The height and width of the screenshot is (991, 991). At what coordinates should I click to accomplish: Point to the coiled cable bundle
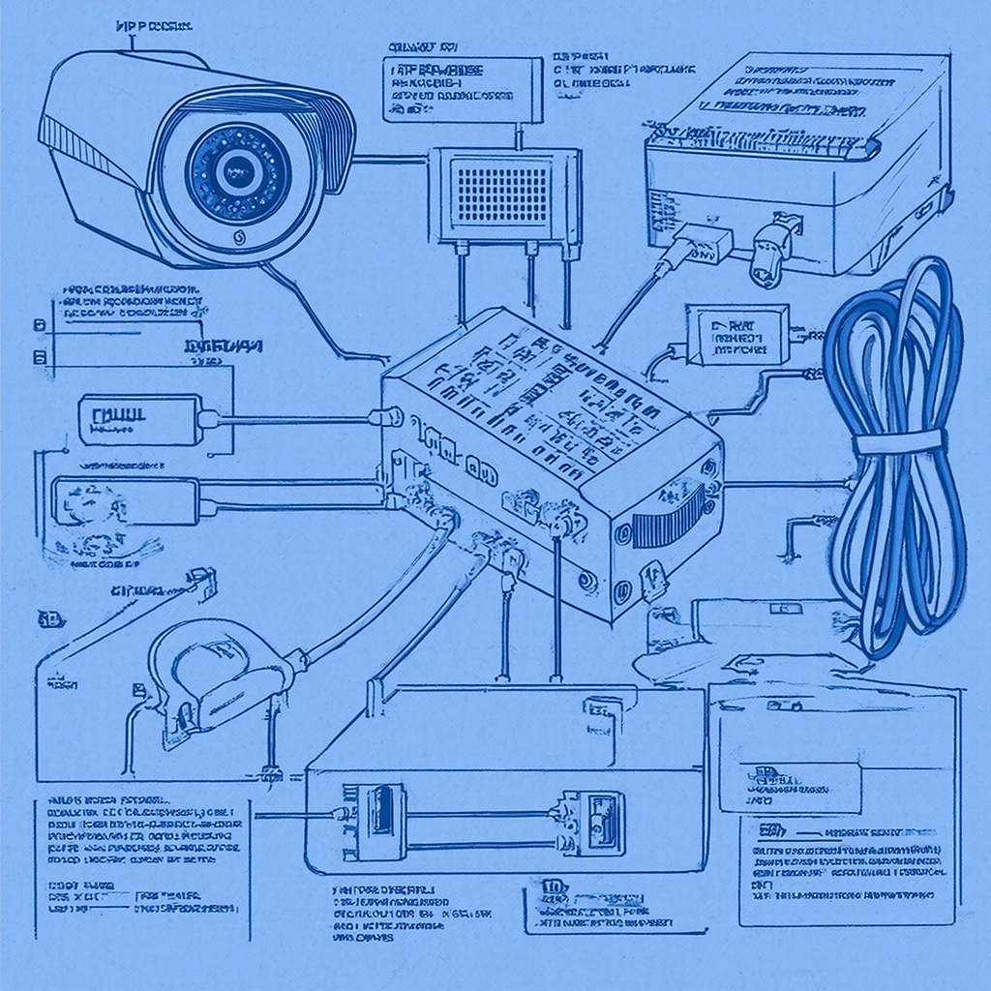pos(895,455)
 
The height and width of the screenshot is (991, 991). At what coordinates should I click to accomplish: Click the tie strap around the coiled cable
pos(897,442)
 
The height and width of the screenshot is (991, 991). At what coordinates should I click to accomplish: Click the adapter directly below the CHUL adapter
pos(126,501)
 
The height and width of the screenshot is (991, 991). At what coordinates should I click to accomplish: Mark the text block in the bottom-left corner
pos(140,842)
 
